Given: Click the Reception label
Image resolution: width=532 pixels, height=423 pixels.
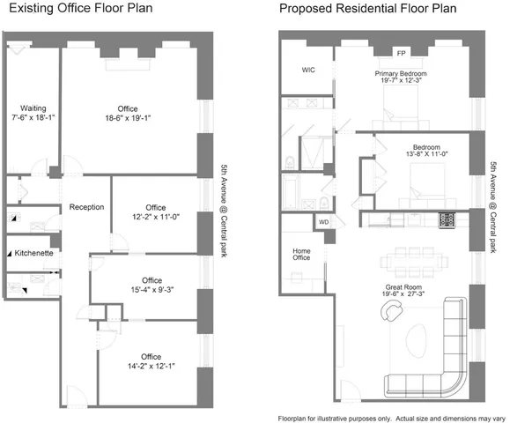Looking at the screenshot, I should [x=87, y=207].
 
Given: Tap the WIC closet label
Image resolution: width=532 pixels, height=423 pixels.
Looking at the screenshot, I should [x=308, y=70].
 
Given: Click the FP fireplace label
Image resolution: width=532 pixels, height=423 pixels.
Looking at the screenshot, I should [x=401, y=53].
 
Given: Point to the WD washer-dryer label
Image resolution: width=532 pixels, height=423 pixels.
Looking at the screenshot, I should [x=323, y=222].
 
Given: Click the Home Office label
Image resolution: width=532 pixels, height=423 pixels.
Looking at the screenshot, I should [x=301, y=256].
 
